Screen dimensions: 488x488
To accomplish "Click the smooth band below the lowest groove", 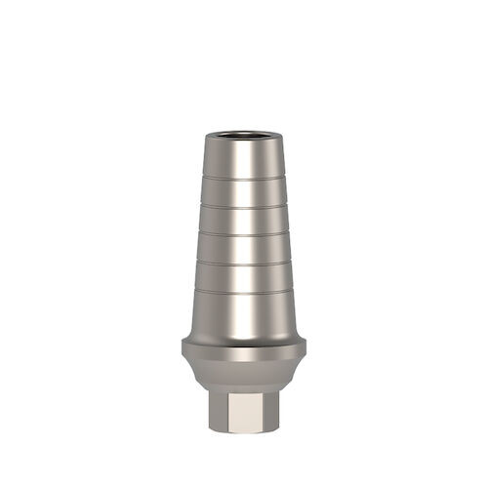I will point(244,312).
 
